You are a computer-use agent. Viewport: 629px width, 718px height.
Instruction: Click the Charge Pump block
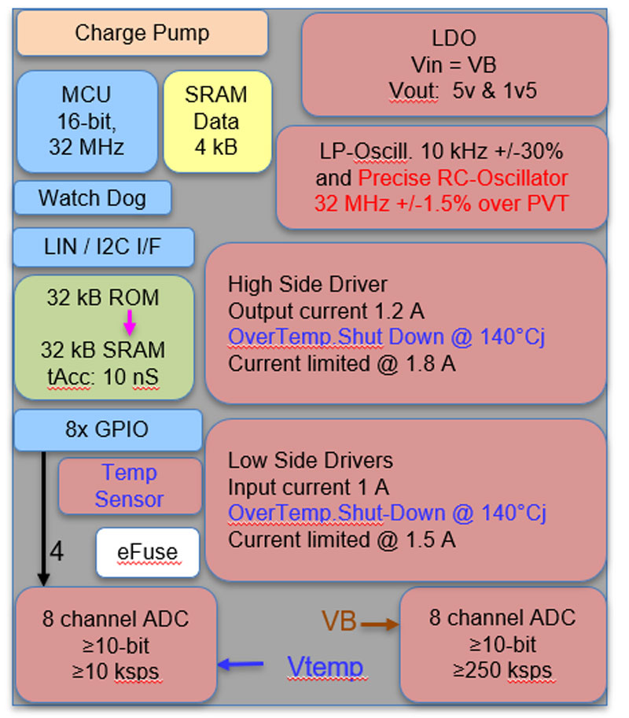[x=142, y=33]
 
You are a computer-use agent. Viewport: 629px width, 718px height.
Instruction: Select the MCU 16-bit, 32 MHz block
[x=86, y=121]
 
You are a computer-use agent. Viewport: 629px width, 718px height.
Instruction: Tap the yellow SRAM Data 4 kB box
[x=216, y=121]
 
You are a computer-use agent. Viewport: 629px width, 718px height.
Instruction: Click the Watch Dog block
[x=93, y=197]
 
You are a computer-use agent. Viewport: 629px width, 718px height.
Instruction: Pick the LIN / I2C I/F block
[x=104, y=246]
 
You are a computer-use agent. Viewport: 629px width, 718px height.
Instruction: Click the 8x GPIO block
[x=107, y=430]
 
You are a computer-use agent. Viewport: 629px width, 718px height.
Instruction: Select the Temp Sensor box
[x=130, y=486]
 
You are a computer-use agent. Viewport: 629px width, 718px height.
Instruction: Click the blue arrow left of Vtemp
[x=241, y=665]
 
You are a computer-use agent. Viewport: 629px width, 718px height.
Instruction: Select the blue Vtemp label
[x=325, y=667]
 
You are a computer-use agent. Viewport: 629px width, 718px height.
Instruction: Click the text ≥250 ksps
[x=502, y=671]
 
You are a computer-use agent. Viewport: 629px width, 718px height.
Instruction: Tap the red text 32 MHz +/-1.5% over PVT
[x=442, y=202]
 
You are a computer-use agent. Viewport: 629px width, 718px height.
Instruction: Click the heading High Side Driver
[x=307, y=283]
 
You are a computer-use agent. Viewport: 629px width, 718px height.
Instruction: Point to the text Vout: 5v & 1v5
[x=462, y=90]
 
